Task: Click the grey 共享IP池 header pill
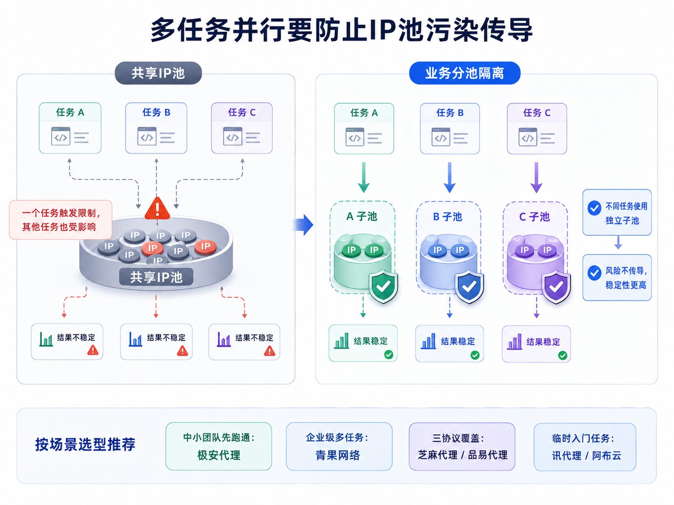[158, 73]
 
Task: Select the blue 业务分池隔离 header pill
[465, 73]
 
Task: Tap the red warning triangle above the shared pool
[157, 208]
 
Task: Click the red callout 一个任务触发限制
[61, 219]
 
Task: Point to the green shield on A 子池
[384, 286]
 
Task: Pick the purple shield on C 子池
[556, 287]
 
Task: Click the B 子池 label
[447, 217]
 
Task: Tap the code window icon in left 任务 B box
[147, 136]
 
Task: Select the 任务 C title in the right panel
[537, 113]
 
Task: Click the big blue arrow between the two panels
[303, 225]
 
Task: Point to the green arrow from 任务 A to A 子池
[364, 178]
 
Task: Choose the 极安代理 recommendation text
[219, 455]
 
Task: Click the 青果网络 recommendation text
[338, 455]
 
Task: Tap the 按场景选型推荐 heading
[85, 445]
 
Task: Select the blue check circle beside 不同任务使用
[594, 208]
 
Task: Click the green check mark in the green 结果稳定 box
[389, 355]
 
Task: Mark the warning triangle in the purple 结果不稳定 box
[270, 351]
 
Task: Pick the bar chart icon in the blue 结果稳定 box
[428, 341]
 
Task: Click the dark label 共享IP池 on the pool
[156, 277]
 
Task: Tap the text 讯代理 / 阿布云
[586, 456]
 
